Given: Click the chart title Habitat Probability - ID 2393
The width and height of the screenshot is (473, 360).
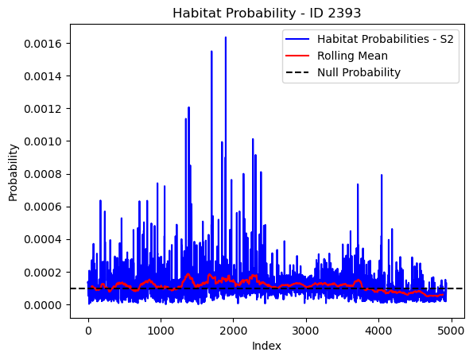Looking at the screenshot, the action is pyautogui.click(x=266, y=14).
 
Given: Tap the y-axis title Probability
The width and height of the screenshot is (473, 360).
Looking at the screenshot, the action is pyautogui.click(x=13, y=172).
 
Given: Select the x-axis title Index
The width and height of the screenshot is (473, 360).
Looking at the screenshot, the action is pyautogui.click(x=266, y=346).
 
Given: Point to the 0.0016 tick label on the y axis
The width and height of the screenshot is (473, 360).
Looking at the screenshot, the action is pyautogui.click(x=43, y=44).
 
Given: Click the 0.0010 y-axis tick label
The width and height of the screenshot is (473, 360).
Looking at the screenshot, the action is pyautogui.click(x=43, y=141).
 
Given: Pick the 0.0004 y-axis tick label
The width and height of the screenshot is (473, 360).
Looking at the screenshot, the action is pyautogui.click(x=43, y=240).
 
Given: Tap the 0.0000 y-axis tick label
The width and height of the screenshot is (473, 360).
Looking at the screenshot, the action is pyautogui.click(x=43, y=305).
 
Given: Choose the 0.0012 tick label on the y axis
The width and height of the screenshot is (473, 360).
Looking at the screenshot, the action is pyautogui.click(x=43, y=109).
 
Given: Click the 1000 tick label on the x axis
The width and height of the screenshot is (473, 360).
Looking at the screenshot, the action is pyautogui.click(x=161, y=331).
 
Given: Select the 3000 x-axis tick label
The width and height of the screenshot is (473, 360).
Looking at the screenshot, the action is pyautogui.click(x=306, y=331).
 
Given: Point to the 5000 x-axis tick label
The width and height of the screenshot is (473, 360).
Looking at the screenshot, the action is pyautogui.click(x=452, y=331).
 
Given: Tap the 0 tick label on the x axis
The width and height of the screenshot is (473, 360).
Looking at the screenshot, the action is pyautogui.click(x=88, y=331).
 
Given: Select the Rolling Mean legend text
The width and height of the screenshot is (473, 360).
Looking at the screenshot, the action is pyautogui.click(x=352, y=56).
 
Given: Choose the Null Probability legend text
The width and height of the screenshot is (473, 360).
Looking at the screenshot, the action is pyautogui.click(x=359, y=72).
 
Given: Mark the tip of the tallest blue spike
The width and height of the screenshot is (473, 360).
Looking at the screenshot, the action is pyautogui.click(x=225, y=37).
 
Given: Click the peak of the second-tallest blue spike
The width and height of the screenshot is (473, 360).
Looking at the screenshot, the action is pyautogui.click(x=211, y=51).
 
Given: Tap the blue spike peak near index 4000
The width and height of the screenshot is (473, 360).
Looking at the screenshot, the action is pyautogui.click(x=382, y=175).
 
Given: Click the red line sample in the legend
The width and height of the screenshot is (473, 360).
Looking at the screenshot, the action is pyautogui.click(x=297, y=56).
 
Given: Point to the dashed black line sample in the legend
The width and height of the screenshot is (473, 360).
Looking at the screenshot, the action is pyautogui.click(x=297, y=72).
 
